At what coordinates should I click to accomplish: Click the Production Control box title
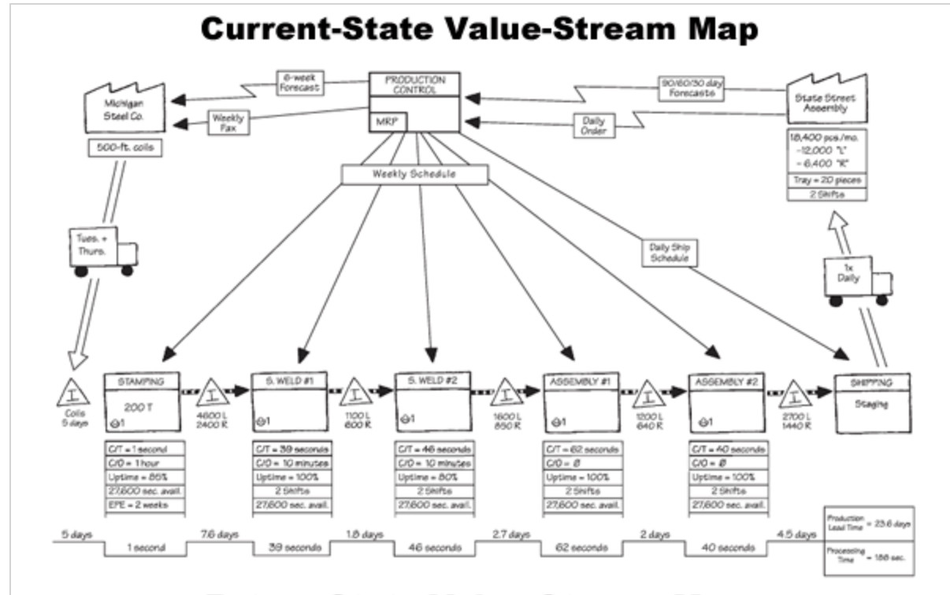(414, 85)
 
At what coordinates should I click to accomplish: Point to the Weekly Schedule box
(414, 174)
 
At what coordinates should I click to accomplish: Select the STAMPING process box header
(143, 382)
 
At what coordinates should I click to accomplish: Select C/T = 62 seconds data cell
(580, 449)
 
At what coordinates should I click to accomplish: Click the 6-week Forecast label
(296, 83)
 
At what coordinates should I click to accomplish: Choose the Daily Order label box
(592, 124)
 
